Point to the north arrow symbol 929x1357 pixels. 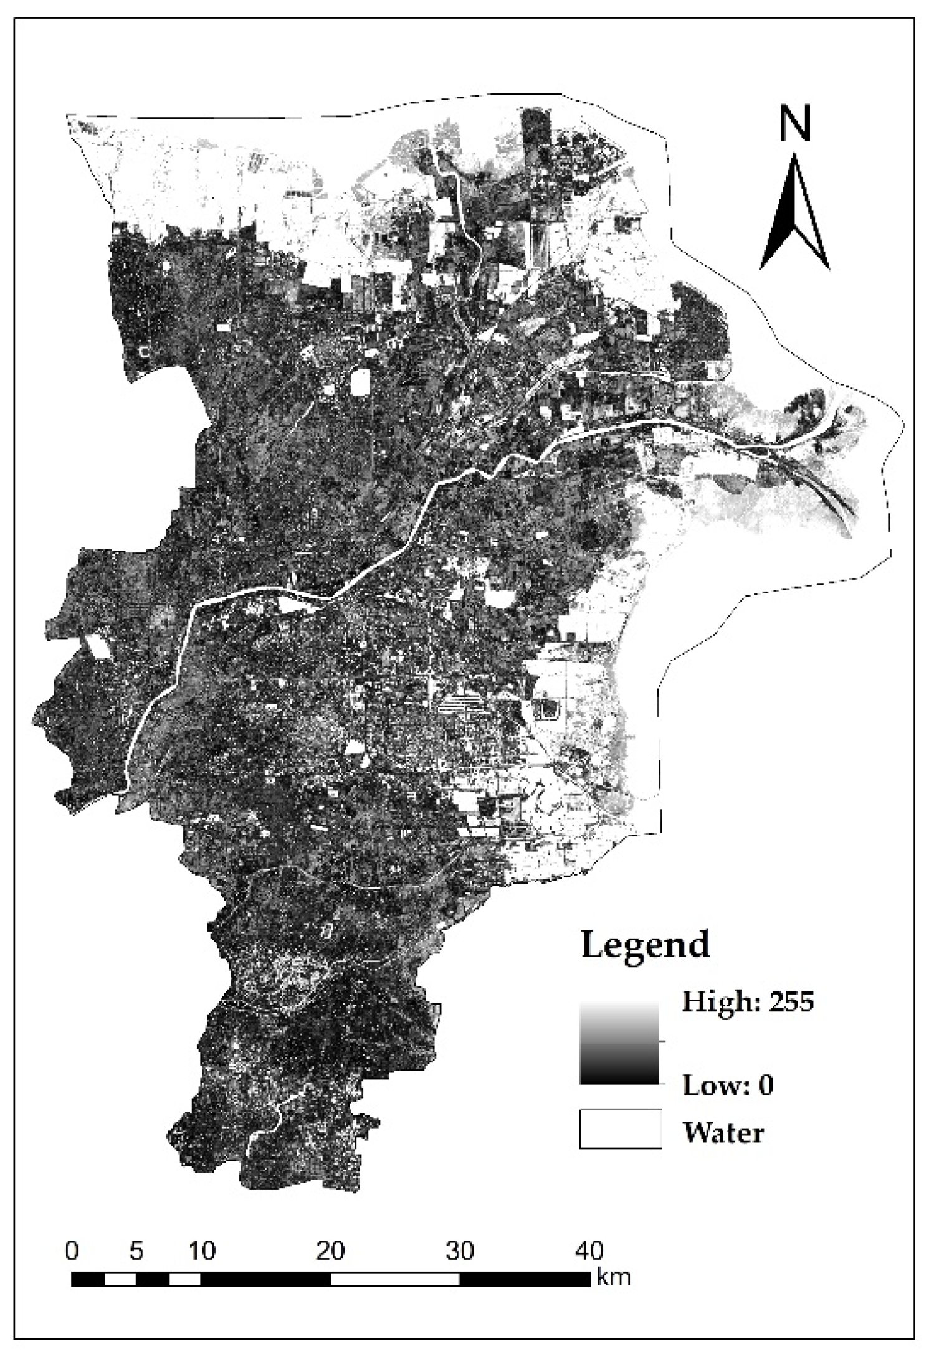click(x=794, y=215)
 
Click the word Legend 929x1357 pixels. click(x=645, y=945)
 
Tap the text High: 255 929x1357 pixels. click(x=748, y=1002)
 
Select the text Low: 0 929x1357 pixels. click(x=728, y=1085)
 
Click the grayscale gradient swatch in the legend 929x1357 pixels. click(x=619, y=1043)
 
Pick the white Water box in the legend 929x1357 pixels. click(x=620, y=1128)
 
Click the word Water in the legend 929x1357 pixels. click(x=723, y=1132)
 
